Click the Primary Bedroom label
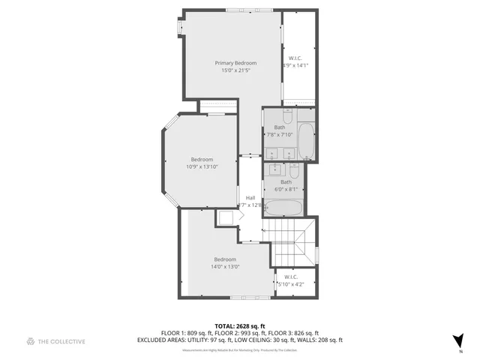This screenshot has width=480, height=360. [235, 63]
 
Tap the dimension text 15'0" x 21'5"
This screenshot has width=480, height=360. [235, 70]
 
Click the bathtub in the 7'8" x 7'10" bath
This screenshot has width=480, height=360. [307, 142]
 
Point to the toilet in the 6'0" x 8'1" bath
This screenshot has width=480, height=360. [294, 171]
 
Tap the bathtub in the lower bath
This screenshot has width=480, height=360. [284, 208]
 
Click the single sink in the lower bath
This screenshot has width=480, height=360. [272, 171]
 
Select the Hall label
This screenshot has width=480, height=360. [250, 197]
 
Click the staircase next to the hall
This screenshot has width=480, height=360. [292, 241]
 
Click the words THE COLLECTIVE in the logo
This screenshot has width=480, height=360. [62, 341]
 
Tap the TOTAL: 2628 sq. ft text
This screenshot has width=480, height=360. [239, 325]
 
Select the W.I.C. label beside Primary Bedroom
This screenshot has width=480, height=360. [295, 58]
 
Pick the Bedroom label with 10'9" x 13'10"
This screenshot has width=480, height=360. [202, 159]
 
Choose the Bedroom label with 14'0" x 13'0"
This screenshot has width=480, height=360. [225, 259]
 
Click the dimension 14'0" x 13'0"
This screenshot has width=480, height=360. [225, 267]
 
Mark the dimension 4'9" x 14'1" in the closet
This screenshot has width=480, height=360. [295, 66]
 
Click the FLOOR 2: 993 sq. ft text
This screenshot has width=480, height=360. [239, 332]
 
